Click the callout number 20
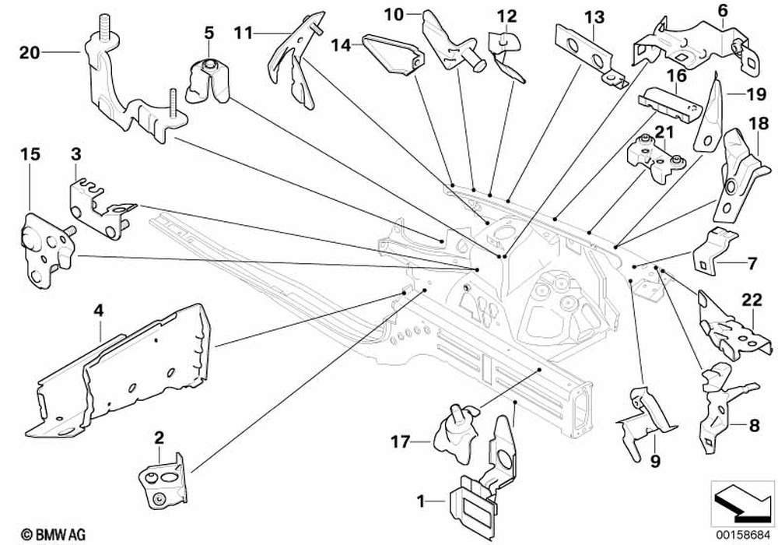[x=30, y=53]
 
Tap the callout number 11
[x=244, y=32]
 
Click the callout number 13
[x=594, y=16]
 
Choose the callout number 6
[x=722, y=10]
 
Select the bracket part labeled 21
[x=654, y=156]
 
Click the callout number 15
[x=30, y=155]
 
